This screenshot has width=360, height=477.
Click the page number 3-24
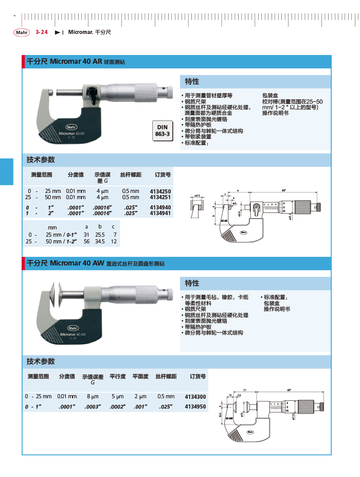(42, 32)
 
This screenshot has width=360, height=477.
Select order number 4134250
(160, 191)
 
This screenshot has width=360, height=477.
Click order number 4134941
(160, 213)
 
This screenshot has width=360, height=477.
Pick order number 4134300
(195, 397)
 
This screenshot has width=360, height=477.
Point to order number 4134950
(195, 407)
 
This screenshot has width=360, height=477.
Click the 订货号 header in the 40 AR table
(163, 175)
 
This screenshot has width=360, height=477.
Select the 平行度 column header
(118, 377)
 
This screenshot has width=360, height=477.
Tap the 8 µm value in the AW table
(93, 397)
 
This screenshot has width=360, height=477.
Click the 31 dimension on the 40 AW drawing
(245, 389)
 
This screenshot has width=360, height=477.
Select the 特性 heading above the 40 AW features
(192, 284)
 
